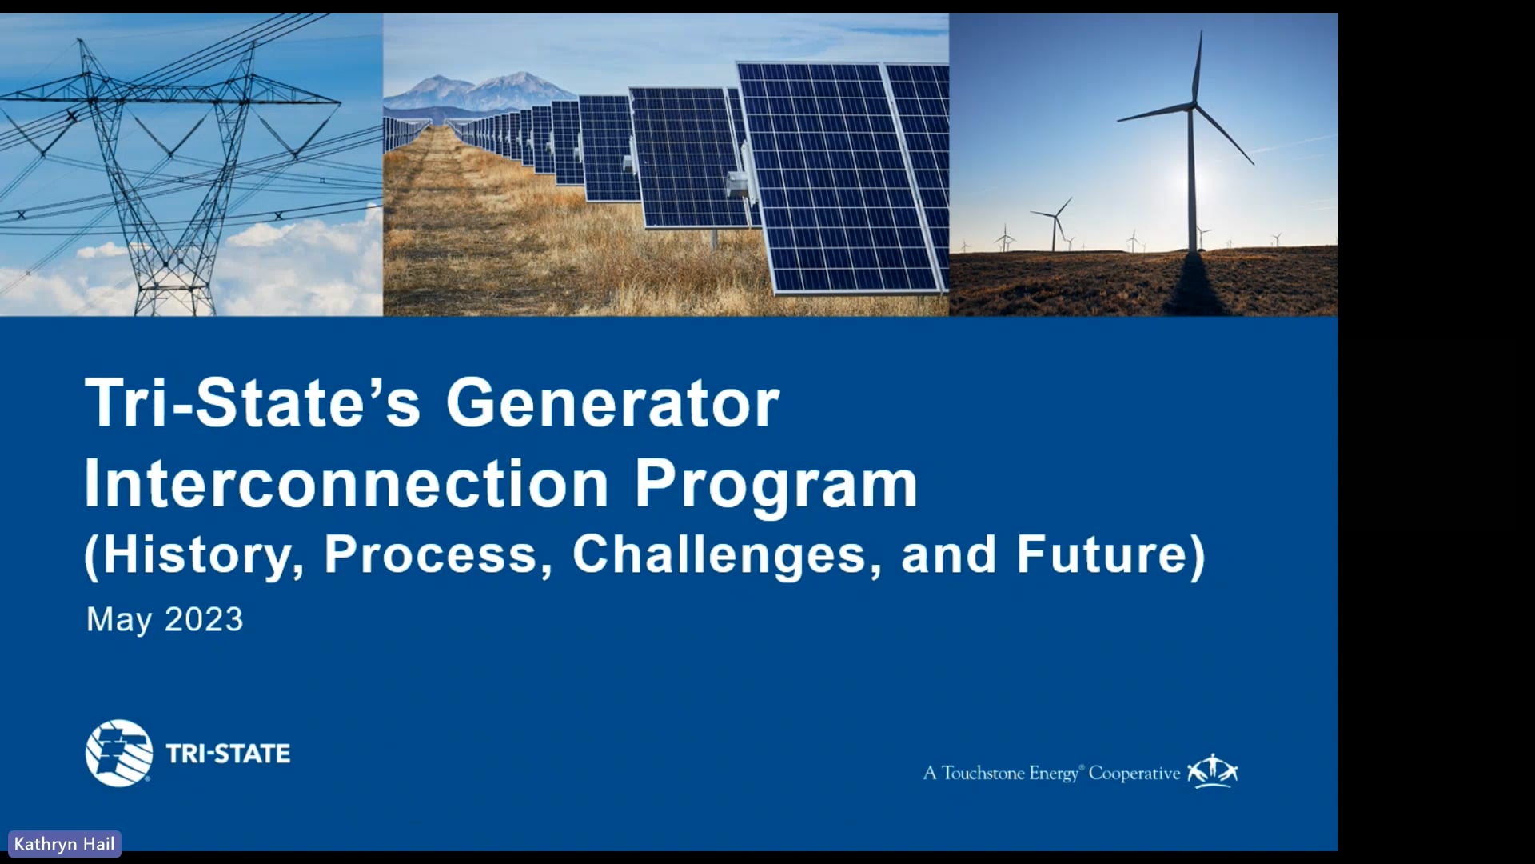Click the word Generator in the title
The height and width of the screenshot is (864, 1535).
point(612,402)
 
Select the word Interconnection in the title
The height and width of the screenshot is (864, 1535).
point(346,484)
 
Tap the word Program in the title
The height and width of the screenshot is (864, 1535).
point(775,486)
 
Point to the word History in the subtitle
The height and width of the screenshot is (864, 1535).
point(200,554)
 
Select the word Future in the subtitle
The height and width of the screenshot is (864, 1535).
point(1103,554)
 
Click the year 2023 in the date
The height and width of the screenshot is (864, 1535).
point(204,619)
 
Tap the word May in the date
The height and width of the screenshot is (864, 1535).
point(118,620)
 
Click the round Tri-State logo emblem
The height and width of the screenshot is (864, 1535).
point(119,753)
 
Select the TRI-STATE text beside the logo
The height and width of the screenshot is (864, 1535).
point(228,754)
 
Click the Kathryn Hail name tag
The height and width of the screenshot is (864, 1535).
point(64,844)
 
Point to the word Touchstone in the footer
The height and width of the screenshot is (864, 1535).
point(983,773)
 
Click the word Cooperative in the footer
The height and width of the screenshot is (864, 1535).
point(1134,773)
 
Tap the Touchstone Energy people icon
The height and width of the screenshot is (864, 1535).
point(1212,770)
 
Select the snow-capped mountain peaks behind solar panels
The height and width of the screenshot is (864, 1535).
point(480,88)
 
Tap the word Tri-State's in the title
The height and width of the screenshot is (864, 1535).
point(252,402)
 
